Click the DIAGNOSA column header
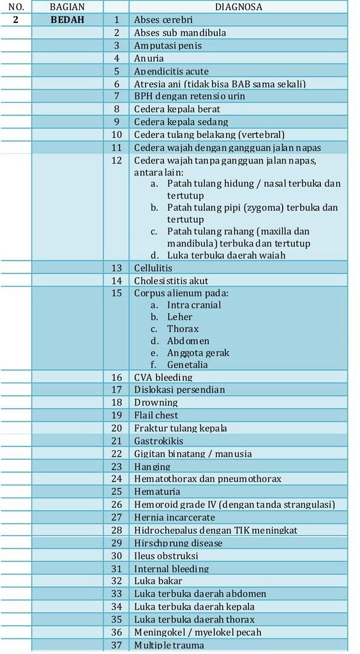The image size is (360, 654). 238,7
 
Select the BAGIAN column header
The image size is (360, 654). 67,7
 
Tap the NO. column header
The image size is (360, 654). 15,7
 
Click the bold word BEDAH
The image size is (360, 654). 67,20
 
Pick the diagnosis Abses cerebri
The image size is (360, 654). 163,20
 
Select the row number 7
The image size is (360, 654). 117,96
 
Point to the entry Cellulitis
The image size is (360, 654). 153,268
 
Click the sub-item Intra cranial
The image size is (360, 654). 194,305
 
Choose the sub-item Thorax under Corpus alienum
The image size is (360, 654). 183,329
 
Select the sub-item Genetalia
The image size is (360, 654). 187,365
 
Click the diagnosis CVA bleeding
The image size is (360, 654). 163,377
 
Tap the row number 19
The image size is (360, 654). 116,415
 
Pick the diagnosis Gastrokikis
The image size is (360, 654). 158,441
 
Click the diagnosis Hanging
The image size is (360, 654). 151,466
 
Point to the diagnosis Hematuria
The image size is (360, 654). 156,492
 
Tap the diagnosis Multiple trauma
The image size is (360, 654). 169,645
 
